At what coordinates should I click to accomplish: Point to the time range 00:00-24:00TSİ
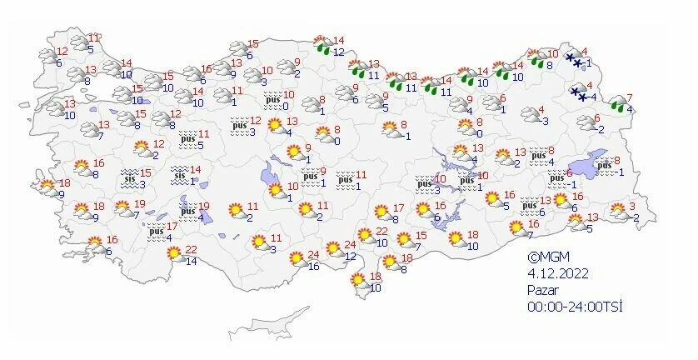[574, 306]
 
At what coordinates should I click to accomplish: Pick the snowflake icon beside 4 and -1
[574, 59]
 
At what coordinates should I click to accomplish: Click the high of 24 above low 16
[314, 255]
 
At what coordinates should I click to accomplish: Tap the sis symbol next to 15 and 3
[129, 177]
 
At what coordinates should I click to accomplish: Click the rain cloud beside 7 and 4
[617, 104]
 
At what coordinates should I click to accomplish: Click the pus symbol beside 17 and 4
[154, 232]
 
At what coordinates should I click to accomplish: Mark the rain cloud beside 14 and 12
[322, 46]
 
